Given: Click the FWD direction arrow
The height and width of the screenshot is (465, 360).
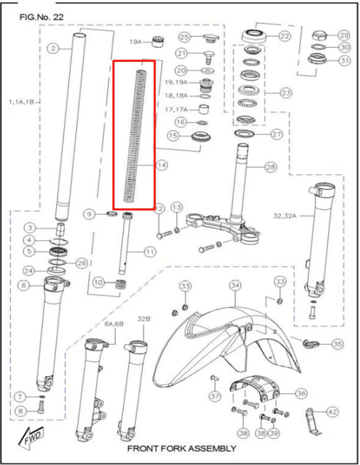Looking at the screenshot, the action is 30,437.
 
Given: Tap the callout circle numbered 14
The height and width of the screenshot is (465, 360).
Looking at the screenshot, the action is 162,165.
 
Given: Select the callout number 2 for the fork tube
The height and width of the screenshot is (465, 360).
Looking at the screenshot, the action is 53,48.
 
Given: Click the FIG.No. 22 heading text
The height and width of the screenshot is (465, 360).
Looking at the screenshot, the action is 41,17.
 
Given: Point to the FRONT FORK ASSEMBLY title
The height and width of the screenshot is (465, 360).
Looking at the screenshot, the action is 181,449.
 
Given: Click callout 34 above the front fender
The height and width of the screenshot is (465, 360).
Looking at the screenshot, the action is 235,285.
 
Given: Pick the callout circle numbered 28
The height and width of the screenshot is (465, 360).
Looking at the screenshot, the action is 270,167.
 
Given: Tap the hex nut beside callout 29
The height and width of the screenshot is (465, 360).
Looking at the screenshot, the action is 319,36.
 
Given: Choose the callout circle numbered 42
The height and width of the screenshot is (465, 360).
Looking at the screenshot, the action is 332,412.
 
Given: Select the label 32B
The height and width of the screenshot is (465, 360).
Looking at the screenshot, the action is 144,319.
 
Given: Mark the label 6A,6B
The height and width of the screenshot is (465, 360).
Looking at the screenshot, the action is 114,324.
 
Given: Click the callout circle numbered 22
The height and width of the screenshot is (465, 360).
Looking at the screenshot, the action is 285,36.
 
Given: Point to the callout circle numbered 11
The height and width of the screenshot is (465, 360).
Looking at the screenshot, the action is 150,252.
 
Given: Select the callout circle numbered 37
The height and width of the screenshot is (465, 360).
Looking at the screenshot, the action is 215,396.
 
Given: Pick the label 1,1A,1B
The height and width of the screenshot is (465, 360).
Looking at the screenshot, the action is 21,102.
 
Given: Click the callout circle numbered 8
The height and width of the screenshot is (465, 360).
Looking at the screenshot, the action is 21,411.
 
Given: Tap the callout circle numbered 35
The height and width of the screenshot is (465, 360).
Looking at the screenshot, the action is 337,344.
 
